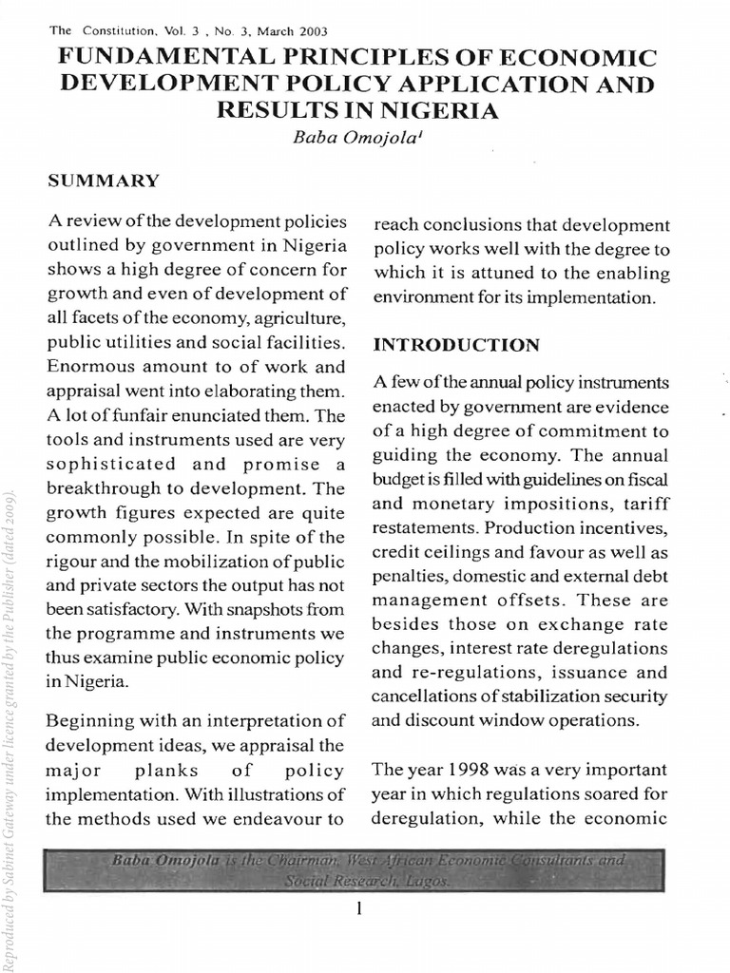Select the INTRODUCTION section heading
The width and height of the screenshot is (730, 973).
456,344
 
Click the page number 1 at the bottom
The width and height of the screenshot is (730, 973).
359,909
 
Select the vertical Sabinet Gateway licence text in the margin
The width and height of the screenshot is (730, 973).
10,722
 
